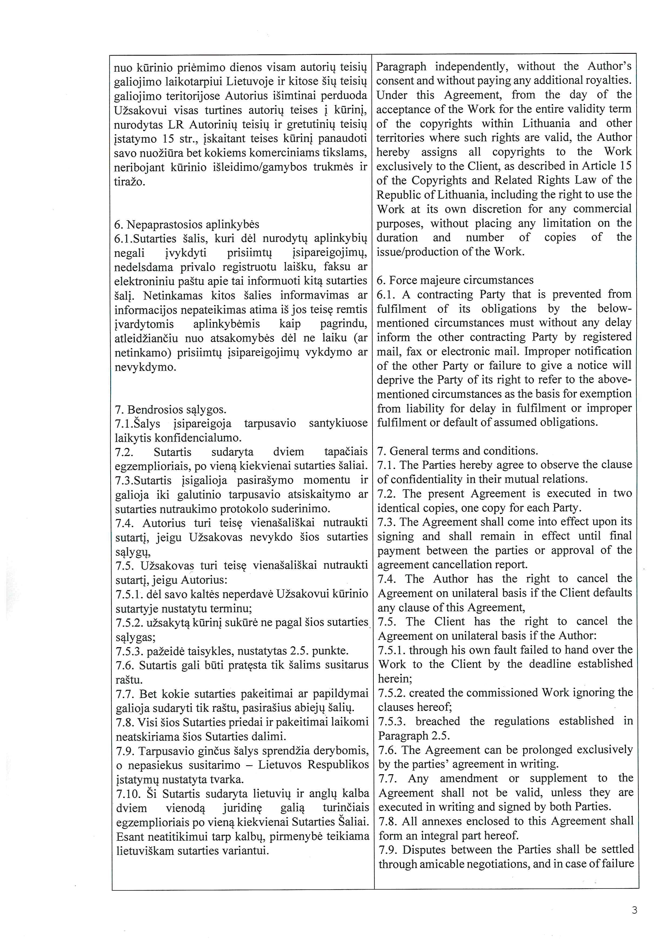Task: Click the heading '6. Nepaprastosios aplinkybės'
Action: click(x=186, y=225)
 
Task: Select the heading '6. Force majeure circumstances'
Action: click(x=455, y=280)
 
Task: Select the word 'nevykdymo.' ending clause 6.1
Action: click(x=145, y=367)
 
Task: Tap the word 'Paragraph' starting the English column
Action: click(x=401, y=66)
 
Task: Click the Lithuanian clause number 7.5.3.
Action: click(x=129, y=651)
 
